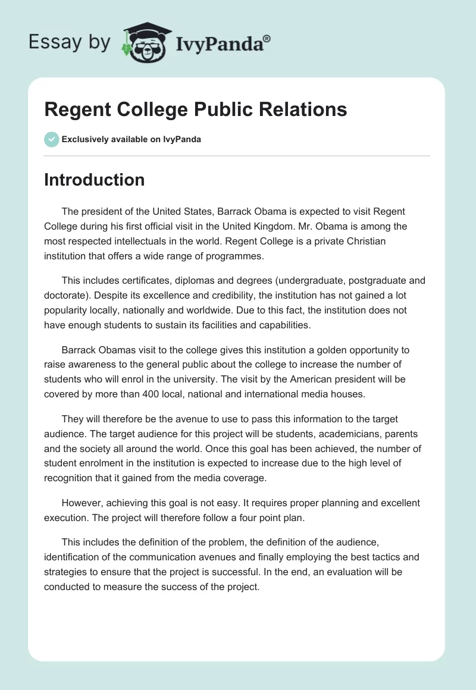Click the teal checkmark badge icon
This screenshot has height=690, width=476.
51,139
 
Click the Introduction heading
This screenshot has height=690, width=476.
94,180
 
